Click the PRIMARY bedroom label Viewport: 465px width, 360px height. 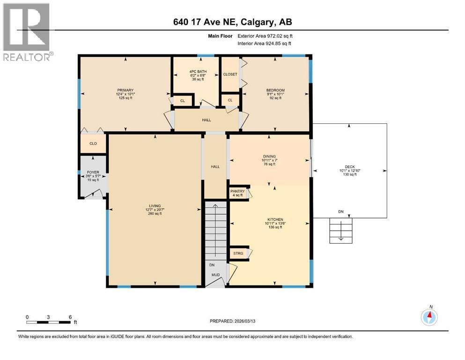tap(125, 90)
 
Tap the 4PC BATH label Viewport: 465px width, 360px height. tap(196, 71)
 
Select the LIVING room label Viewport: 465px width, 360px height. tap(155, 206)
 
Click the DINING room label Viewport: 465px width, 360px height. tap(269, 157)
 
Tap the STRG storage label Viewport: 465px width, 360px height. tap(237, 253)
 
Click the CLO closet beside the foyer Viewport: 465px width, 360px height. tap(93, 143)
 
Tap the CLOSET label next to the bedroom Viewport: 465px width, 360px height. tap(230, 74)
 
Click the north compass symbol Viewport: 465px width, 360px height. tap(429, 317)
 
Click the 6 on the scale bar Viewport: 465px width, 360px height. tap(70, 317)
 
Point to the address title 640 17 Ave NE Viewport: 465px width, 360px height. tap(232, 22)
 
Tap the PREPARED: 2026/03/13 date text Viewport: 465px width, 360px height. tap(232, 321)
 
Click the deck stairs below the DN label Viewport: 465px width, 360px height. tap(341, 230)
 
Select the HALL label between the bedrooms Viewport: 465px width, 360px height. tap(207, 120)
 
